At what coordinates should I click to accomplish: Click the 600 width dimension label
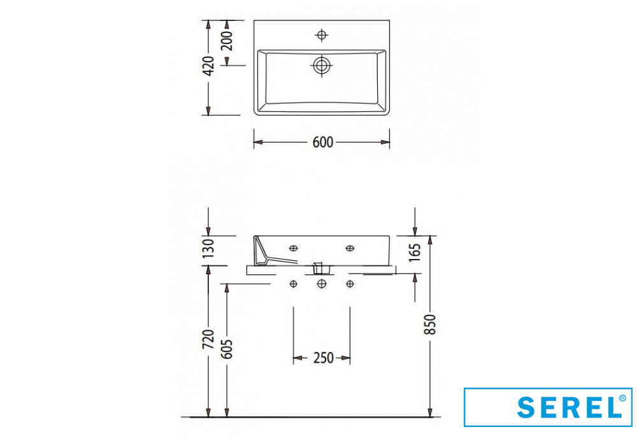323,143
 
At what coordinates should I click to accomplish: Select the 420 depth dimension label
208,66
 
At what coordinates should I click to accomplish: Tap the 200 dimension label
227,40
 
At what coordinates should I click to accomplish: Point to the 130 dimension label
208,248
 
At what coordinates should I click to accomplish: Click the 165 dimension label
415,253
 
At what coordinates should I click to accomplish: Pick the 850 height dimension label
430,324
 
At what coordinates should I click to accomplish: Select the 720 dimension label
208,339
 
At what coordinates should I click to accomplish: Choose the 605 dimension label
227,349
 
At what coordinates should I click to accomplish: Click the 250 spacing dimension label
324,358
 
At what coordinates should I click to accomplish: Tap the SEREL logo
548,407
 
